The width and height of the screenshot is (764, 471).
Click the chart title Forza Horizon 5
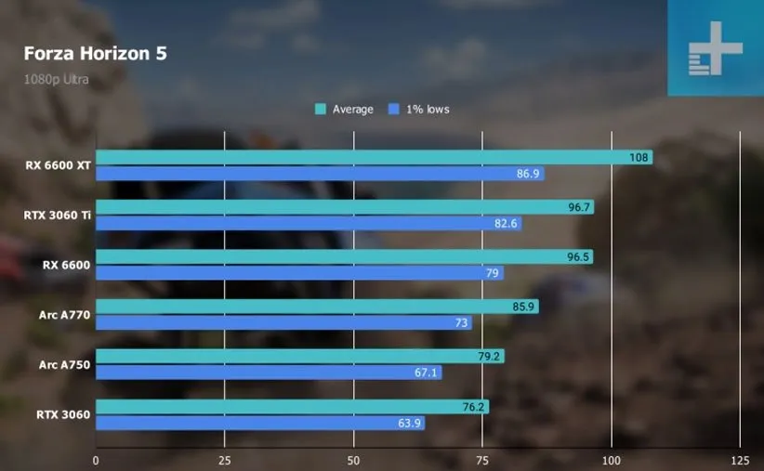coord(96,53)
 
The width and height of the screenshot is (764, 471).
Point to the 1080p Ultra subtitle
coord(57,79)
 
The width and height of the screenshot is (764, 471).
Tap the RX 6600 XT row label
coord(59,165)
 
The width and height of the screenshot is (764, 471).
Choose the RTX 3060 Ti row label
coord(58,216)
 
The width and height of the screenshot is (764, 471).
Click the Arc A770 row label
coord(66,315)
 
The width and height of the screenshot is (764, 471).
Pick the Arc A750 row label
coord(66,365)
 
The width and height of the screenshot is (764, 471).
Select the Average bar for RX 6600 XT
coord(353,158)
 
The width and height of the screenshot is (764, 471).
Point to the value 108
coord(639,158)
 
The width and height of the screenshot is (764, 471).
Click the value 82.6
coord(507,223)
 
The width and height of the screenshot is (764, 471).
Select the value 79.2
coord(490,356)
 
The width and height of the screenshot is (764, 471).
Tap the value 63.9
coord(410,424)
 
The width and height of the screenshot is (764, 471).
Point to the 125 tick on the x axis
coord(740,460)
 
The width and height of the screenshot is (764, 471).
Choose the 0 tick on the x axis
coord(96,460)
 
